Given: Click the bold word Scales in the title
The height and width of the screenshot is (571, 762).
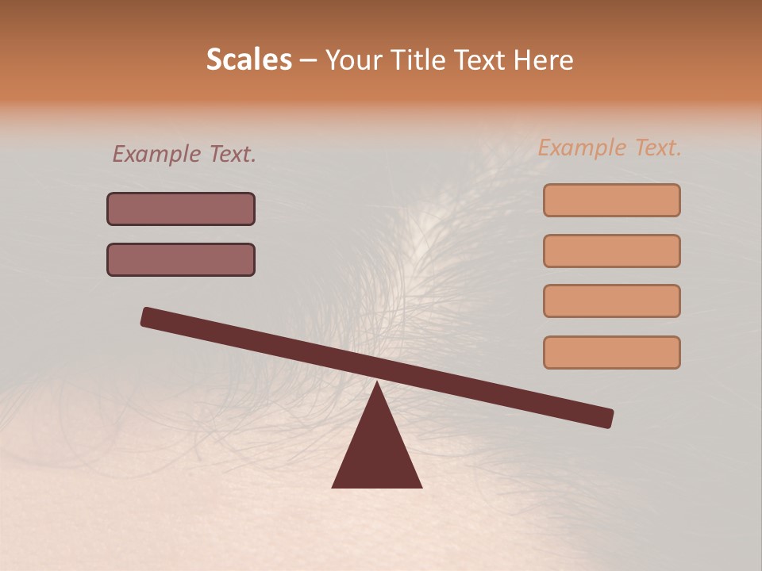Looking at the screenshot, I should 248,59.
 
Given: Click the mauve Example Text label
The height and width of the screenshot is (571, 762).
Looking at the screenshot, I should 184,154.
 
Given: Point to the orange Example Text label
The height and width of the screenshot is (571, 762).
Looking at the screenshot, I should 610,148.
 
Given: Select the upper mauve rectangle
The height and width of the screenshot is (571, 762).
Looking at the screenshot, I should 181,209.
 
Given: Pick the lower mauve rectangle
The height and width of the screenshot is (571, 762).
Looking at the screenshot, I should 181,259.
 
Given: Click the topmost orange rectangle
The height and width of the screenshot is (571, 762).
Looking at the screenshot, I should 611,200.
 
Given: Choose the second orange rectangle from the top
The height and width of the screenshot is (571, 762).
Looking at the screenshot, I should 611,251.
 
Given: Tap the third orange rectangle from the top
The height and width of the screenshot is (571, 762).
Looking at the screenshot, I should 611,301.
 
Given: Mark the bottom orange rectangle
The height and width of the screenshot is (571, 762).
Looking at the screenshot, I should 611,352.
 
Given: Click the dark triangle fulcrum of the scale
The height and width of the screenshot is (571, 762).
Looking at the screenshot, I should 377,448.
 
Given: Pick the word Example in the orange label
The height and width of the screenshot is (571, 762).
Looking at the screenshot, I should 581,148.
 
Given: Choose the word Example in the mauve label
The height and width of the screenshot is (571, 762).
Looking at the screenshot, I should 156,154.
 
